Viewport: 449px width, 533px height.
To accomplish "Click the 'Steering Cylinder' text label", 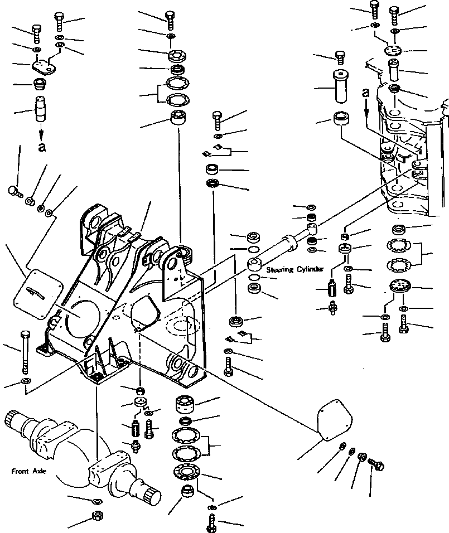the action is coord(294,269).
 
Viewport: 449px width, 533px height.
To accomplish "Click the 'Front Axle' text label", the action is coord(28,471).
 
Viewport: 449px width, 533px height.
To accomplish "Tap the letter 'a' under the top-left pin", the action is coord(41,147).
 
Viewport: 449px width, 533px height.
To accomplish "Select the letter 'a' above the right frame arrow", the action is coord(366,92).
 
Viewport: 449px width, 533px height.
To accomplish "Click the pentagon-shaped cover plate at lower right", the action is coord(335,421).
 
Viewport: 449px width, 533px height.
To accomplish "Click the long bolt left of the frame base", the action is coord(25,351).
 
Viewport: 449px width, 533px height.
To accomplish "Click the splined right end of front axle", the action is coord(152,493).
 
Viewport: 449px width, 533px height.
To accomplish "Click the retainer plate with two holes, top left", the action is coord(44,66).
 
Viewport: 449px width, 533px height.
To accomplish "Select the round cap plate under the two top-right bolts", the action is coord(393,51).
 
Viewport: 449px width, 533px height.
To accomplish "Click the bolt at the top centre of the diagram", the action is coord(170,21).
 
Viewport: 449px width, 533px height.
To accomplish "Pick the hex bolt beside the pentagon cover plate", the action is coord(375,464).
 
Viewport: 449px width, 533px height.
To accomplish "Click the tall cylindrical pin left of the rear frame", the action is coord(341,86).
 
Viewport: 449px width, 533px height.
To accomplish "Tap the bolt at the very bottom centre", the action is coord(211,524).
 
